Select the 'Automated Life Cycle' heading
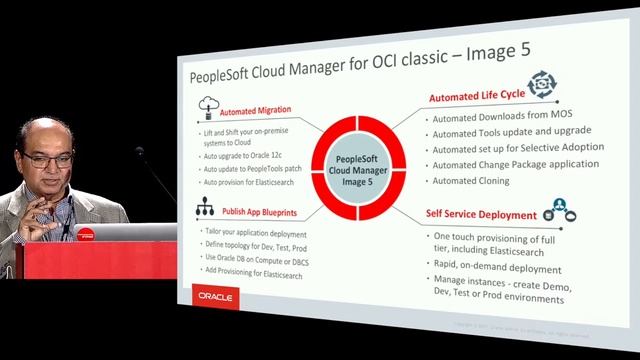click(476, 98)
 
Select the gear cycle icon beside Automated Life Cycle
click(541, 84)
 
